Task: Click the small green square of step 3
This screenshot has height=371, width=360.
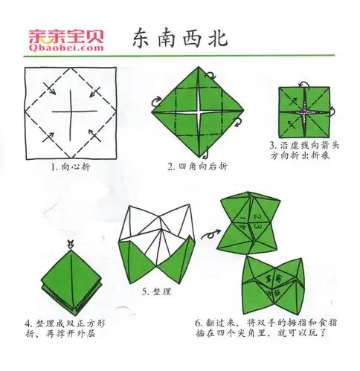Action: click(x=305, y=112)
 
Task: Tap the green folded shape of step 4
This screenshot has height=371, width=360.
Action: click(x=70, y=282)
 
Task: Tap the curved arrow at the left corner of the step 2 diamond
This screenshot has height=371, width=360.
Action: click(x=157, y=101)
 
